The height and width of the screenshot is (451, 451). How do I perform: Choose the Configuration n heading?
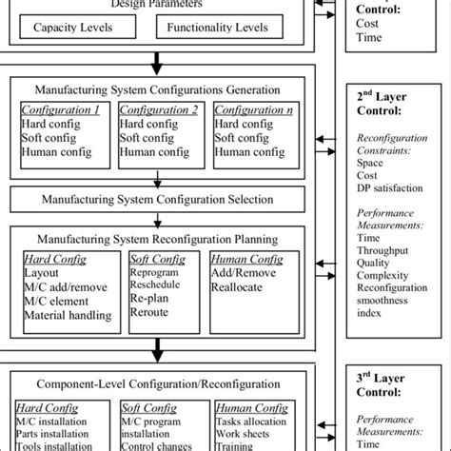(x=253, y=110)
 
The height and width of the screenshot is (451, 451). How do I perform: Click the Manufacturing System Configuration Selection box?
(x=158, y=200)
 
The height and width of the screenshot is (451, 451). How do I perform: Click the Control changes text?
(x=155, y=443)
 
